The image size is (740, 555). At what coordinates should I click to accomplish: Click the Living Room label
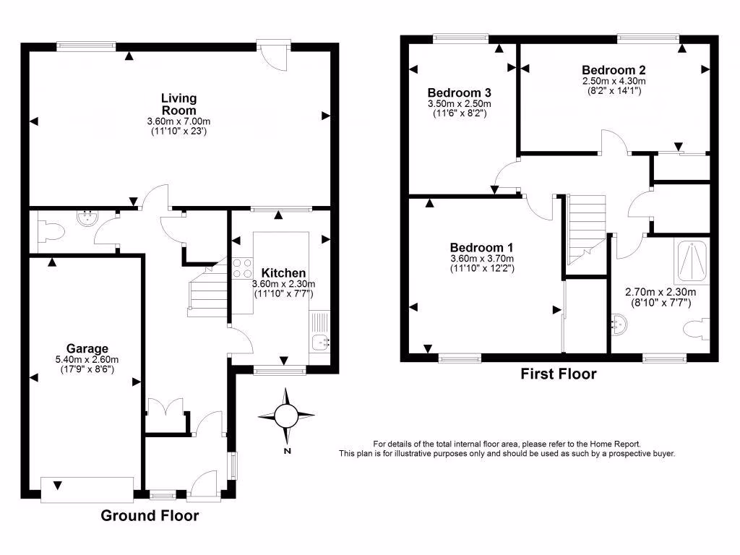[178, 104]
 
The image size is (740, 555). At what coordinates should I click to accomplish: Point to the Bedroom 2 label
[613, 69]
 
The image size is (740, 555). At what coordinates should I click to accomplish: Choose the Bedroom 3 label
[460, 92]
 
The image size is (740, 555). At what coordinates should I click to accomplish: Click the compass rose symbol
[287, 416]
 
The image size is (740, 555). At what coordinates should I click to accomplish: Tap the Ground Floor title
[149, 515]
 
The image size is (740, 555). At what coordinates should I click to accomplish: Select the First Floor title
[559, 374]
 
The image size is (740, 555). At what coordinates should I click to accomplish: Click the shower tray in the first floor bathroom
[693, 262]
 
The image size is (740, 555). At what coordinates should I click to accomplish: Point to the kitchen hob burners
[241, 268]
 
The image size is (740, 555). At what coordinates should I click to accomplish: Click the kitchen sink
[321, 340]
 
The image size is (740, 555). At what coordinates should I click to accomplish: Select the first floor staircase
[586, 230]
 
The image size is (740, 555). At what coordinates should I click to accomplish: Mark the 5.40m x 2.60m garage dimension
[87, 359]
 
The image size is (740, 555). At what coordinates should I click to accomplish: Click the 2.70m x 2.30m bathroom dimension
[660, 293]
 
